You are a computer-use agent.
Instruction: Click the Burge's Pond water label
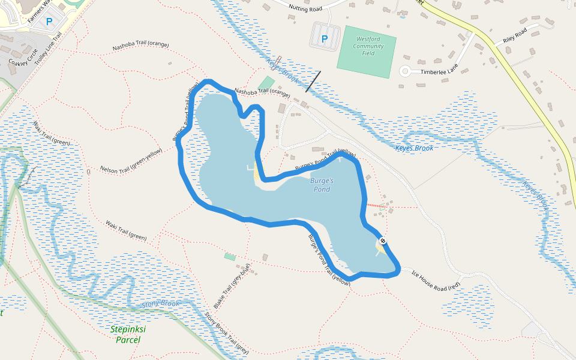click(321, 184)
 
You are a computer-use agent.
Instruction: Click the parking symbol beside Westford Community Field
click(325, 39)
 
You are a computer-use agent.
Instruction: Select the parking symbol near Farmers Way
click(49, 21)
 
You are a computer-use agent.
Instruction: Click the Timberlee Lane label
click(439, 70)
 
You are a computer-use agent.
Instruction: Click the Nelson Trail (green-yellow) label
click(131, 160)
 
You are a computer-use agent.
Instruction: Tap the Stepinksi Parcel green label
click(128, 334)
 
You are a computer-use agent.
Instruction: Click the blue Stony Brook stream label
click(161, 304)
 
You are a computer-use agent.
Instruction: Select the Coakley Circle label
click(23, 57)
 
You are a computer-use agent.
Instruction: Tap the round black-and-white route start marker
click(383, 241)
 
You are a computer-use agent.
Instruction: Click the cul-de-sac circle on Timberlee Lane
click(405, 71)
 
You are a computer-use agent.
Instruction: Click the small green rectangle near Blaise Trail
click(230, 257)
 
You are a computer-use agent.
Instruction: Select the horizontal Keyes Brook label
click(414, 148)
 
